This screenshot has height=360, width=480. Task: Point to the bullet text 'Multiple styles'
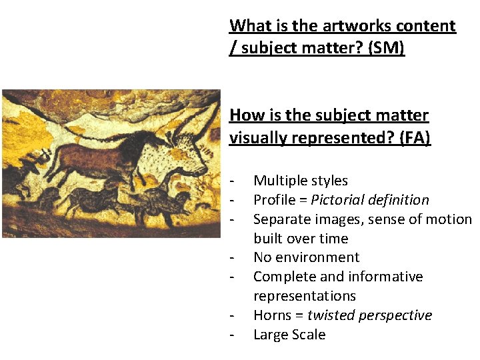coord(301,181)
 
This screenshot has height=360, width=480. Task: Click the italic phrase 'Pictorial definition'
coord(370,200)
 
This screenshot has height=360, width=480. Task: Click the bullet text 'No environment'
coord(306,257)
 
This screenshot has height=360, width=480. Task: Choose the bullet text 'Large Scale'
coord(289,335)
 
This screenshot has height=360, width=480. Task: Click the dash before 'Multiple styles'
coord(231,181)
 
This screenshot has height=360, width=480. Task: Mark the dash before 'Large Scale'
coord(231,335)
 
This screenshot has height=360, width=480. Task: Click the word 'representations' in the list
coord(305,296)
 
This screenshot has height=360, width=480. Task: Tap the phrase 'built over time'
coord(301,239)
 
